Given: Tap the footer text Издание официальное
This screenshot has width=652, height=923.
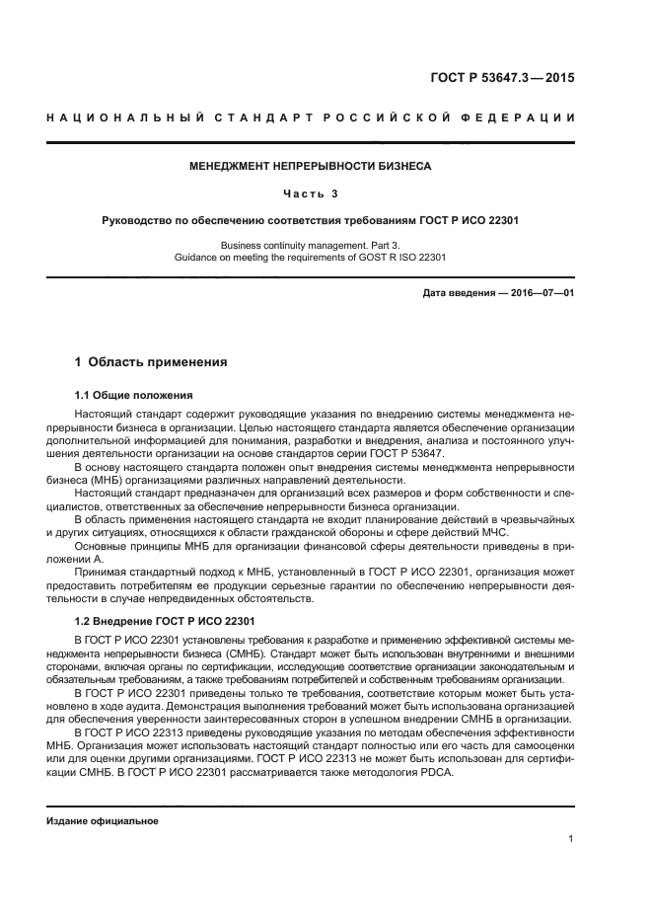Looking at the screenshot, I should point(103,820).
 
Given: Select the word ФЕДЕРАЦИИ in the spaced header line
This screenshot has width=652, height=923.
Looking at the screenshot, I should point(539,119).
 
